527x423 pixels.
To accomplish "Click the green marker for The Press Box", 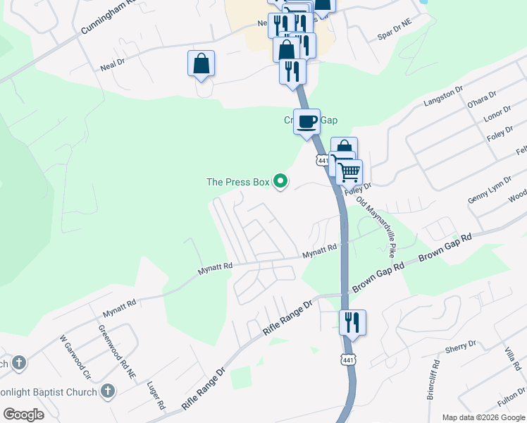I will pos(280,182).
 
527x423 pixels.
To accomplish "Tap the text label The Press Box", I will pos(238,182).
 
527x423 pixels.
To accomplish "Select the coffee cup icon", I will pos(306,122).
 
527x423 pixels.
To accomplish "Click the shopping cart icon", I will pos(348,172).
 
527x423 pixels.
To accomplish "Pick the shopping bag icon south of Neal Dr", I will pos(201,63).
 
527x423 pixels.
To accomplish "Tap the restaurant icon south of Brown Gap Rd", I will pos(352,323).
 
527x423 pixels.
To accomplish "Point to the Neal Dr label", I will pos(113,63).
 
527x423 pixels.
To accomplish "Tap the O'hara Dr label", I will pos(483,102).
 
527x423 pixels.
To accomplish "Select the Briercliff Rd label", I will pos(433,381).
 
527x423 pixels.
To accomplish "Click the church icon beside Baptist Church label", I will pos(108,390).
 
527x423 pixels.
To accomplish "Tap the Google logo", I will pos(23,415).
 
